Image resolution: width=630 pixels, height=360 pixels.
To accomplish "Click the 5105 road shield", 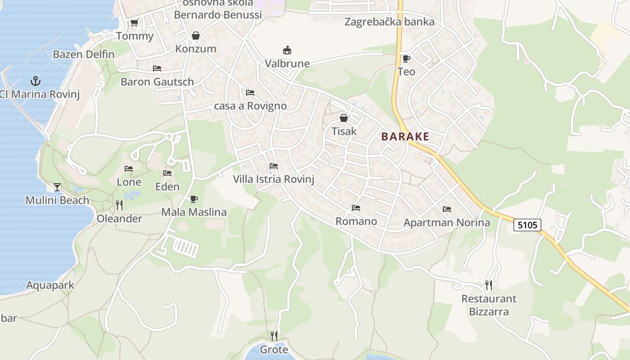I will point(527,225).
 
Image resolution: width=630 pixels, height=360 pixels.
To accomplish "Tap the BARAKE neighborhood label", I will point(405,137).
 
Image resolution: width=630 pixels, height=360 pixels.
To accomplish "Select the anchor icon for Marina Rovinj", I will point(35,81).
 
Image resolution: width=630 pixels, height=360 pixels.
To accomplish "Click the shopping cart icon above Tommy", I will point(134,23).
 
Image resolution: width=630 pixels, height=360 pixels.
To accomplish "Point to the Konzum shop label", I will point(196,49).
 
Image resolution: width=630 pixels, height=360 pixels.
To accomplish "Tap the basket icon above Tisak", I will point(344,118).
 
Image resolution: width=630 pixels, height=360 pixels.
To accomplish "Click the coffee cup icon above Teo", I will point(406,58).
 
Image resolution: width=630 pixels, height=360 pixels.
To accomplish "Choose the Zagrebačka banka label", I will point(389,22).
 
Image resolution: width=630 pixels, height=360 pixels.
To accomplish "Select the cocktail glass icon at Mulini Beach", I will point(57,187).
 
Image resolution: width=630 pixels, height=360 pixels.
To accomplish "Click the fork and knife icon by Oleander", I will point(119,205).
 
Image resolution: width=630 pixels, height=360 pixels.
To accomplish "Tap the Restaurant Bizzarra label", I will point(489,305).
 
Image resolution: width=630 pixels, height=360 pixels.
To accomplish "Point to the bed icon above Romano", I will point(356,208).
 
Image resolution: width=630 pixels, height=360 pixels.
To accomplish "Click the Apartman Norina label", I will point(446,222).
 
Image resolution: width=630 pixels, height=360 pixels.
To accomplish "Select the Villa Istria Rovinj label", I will point(273,179).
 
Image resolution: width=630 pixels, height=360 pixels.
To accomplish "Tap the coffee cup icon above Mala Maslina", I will point(194,198).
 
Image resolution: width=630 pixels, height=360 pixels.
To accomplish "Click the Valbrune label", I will point(287,63).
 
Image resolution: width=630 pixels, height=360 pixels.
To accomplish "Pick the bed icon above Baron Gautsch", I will point(157,68).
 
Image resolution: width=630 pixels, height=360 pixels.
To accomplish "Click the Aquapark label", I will point(50,285).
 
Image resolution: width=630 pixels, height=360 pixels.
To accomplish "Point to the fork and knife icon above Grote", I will point(274,336).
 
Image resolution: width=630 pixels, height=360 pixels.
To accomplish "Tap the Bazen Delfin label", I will point(84,54).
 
